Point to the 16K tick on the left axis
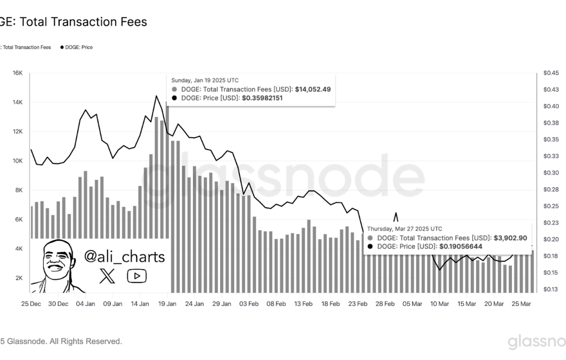[17, 73]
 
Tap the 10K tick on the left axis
[17, 161]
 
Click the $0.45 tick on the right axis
[551, 73]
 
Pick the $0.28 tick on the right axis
[551, 190]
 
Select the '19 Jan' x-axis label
[167, 304]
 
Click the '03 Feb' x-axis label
[249, 304]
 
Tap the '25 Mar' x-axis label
[521, 304]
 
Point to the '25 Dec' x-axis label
[31, 304]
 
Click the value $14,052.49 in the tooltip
[313, 89]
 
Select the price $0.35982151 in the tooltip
[262, 98]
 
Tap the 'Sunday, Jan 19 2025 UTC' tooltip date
[205, 80]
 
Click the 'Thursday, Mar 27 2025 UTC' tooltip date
[404, 229]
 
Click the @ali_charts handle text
[124, 257]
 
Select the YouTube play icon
[137, 276]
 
